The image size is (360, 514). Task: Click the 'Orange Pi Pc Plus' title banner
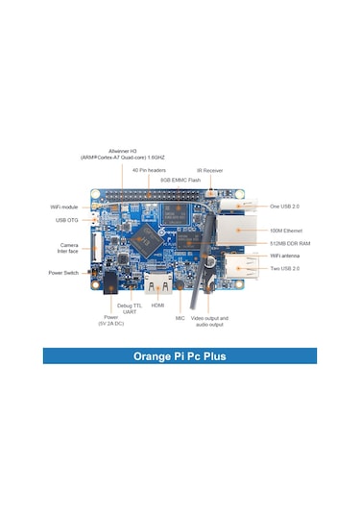point(180,354)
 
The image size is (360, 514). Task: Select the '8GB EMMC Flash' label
point(181,179)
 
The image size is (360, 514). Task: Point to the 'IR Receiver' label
point(210,170)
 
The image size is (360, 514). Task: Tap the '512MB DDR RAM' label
point(290,244)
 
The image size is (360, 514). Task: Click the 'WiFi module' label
point(64,207)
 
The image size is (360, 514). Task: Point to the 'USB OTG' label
point(68,220)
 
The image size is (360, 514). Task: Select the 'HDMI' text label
point(157,308)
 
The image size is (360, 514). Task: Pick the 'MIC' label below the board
point(180,317)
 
